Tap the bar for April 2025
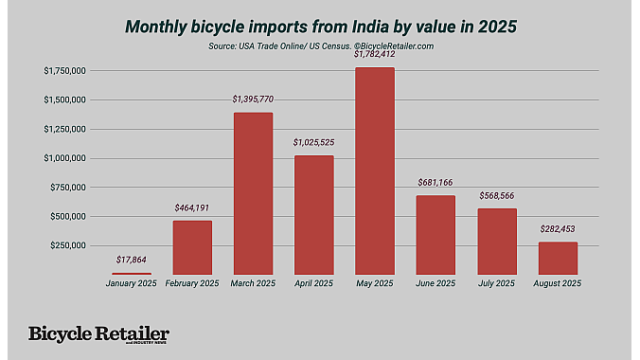pos(313,214)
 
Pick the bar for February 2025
pos(192,247)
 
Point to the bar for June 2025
pos(436,235)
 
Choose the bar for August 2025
pos(558,258)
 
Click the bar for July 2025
pos(496,241)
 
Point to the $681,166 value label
pos(436,182)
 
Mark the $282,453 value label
pos(558,228)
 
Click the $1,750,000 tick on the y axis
pos(65,71)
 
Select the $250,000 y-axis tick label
pos(70,245)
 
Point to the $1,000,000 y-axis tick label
pos(65,158)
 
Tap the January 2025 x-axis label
pos(132,283)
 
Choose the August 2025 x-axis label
pos(558,283)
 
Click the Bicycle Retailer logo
pos(98,334)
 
